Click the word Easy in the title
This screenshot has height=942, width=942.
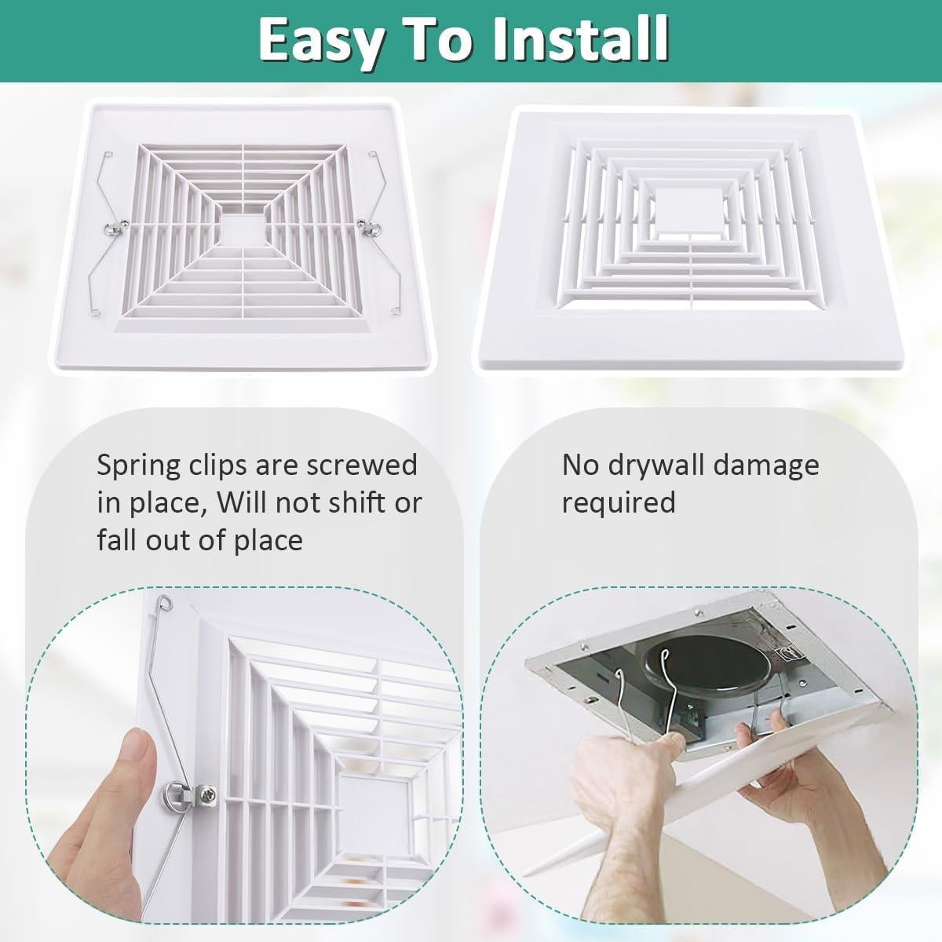pos(317,39)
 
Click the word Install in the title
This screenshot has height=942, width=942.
pos(582,39)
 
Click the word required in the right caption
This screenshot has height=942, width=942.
pos(618,502)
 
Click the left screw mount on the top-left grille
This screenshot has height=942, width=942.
pos(113,228)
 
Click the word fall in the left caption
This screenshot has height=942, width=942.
pos(115,540)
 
